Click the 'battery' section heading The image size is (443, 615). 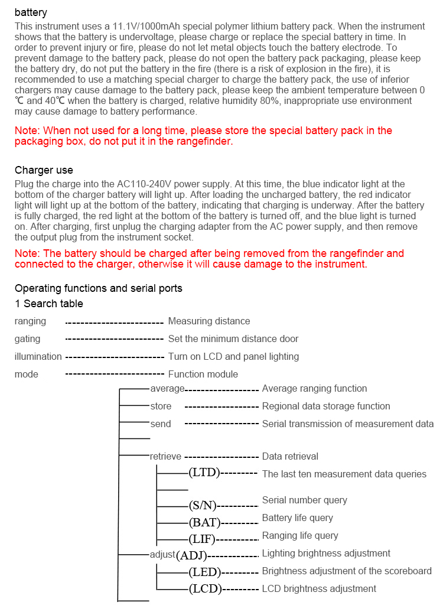point(31,12)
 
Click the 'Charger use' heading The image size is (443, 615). point(44,170)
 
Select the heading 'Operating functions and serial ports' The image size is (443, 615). point(99,288)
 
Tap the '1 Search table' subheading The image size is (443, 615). point(49,304)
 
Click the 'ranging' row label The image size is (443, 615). point(30,321)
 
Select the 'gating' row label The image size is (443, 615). point(28,339)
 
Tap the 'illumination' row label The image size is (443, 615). point(38,357)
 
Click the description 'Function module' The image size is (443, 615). point(203,375)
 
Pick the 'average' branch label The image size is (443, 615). point(168,389)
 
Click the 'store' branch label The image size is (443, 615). point(161,406)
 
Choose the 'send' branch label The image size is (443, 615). point(161,424)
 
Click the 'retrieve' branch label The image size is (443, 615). point(165,457)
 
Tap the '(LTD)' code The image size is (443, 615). point(204,473)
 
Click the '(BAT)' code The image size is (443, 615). point(204,523)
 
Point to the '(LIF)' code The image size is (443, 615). point(202,539)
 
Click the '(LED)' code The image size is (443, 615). point(204,572)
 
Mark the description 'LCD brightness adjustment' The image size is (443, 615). point(319,589)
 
